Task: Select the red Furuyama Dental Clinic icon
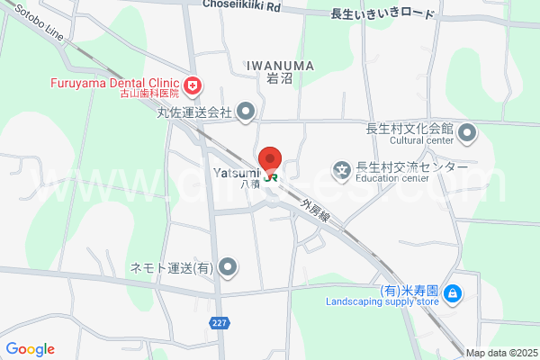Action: (x=192, y=85)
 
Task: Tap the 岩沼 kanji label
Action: (x=280, y=78)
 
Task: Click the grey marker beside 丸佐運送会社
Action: (x=246, y=112)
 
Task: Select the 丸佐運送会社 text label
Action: (x=195, y=113)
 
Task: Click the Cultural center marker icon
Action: (x=467, y=135)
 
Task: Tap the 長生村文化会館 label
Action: (x=409, y=128)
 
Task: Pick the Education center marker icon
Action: (x=342, y=168)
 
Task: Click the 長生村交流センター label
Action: (x=411, y=166)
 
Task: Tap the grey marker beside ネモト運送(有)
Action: (x=229, y=267)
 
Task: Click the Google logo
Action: (x=30, y=349)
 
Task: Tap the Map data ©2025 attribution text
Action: (x=501, y=353)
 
